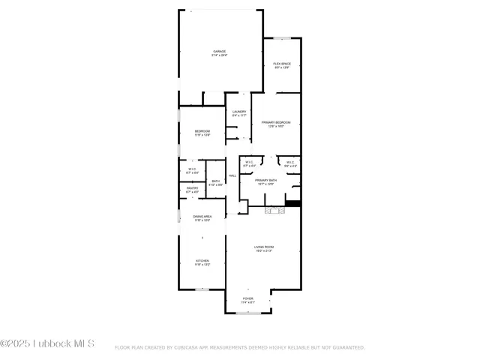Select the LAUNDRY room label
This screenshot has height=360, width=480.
click(238, 113)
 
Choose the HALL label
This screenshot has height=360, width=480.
click(232, 175)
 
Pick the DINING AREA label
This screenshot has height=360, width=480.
click(202, 218)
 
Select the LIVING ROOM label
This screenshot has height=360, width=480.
click(263, 248)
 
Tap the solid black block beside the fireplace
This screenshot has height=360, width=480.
click(293, 202)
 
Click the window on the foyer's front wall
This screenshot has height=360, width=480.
click(247, 313)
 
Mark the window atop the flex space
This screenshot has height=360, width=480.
click(282, 37)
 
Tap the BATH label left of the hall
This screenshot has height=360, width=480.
click(215, 182)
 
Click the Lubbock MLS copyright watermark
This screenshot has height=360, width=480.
click(47, 344)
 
